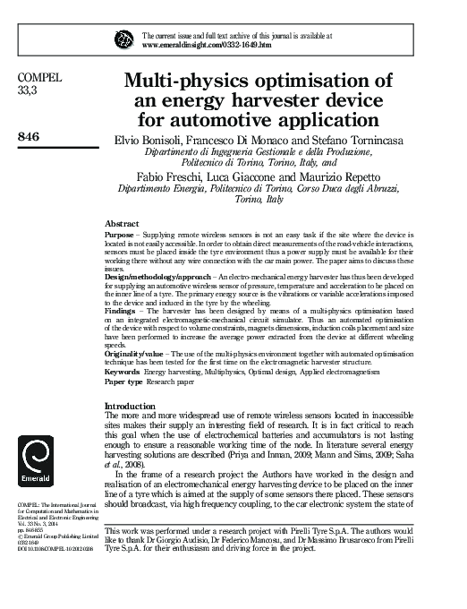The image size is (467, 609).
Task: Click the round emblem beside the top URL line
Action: pyautogui.click(x=123, y=38)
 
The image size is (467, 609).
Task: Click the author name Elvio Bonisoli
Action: pyautogui.click(x=151, y=141)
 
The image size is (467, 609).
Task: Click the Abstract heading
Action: pyautogui.click(x=122, y=222)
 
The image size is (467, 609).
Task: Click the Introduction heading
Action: pyautogui.click(x=131, y=406)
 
